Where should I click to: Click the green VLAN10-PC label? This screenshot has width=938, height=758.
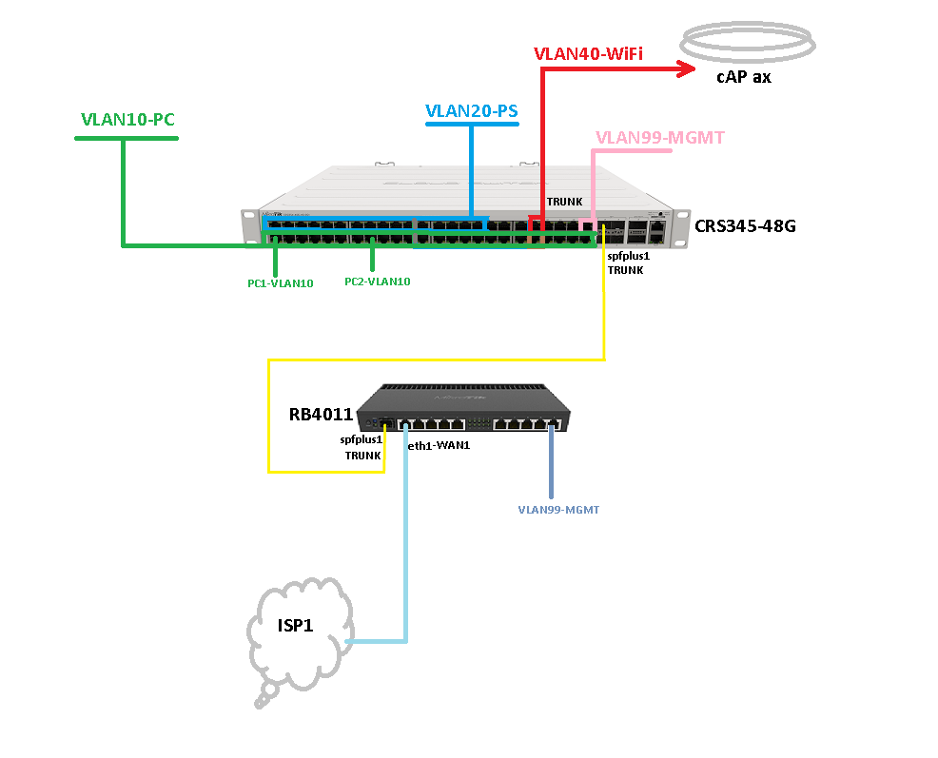pos(127,120)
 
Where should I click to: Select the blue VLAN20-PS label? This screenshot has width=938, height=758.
pos(471,111)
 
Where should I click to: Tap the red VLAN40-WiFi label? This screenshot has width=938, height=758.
pos(588,54)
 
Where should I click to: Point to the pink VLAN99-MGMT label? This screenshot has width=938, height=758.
pos(646,137)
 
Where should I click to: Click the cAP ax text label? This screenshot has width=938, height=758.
pos(743,77)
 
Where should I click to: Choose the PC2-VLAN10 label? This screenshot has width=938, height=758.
pos(377,282)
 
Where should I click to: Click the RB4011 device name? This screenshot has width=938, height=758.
pos(321,415)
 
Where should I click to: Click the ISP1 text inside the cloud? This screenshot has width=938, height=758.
pos(295,625)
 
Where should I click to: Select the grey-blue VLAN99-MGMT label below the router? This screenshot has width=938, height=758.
pos(558,510)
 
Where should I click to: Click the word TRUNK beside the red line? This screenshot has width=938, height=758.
pos(564,202)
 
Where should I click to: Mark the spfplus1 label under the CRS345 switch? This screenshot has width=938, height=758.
pos(628,255)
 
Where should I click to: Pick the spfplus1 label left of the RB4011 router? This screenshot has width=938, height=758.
pos(361,439)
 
